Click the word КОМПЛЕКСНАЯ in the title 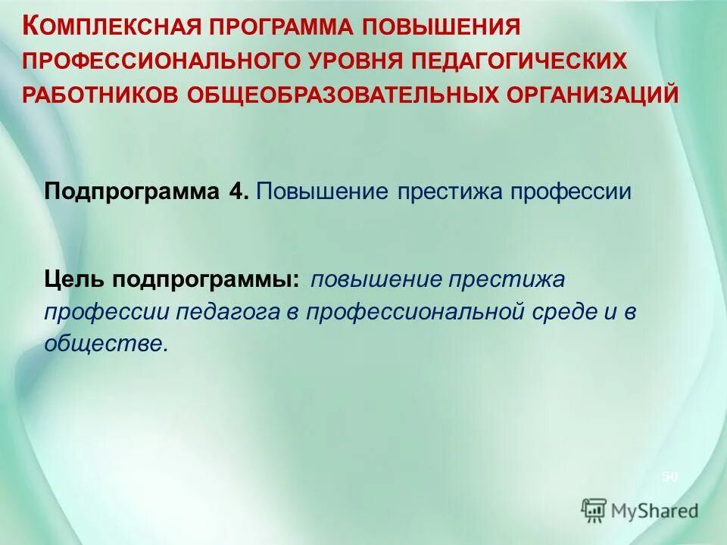point(111,27)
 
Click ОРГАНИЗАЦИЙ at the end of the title point(594,95)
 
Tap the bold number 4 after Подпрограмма point(236,191)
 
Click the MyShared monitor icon point(594,509)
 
